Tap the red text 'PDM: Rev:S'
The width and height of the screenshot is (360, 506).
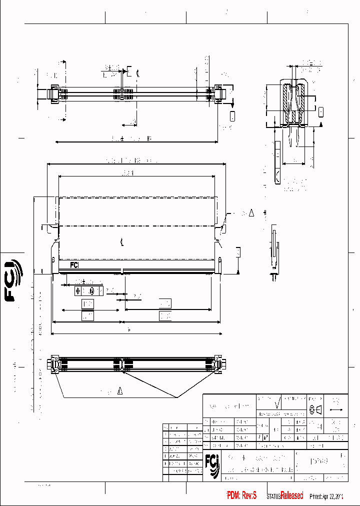pos(241,495)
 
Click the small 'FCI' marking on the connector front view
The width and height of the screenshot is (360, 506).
pos(74,265)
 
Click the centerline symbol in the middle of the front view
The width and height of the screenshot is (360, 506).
pos(122,243)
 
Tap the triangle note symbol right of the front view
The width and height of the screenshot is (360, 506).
pos(251,213)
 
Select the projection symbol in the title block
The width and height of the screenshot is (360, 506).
pos(316,410)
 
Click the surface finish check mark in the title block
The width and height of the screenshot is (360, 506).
pos(277,403)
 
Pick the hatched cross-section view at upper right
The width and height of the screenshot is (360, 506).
pos(294,102)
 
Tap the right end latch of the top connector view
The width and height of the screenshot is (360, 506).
pos(219,93)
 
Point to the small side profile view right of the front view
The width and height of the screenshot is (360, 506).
pos(273,250)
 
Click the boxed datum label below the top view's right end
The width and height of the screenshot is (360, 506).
pos(232,116)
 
